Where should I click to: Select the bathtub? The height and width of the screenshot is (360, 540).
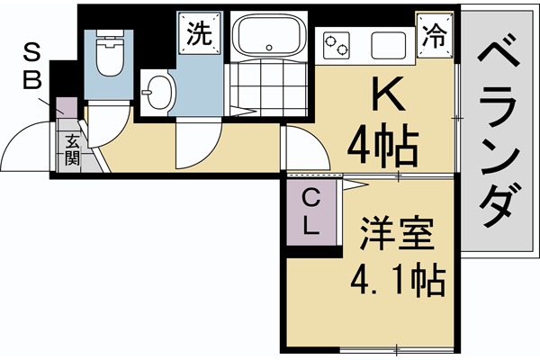point(269,37)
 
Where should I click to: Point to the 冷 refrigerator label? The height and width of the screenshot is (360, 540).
point(436,36)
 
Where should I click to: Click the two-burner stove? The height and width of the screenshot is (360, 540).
point(337,41)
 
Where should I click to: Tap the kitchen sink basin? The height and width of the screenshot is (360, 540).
point(389,42)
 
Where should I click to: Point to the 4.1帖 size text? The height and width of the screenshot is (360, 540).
point(397,283)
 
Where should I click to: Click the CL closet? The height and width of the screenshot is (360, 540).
point(310,212)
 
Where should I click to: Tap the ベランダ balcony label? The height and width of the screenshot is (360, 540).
point(498,135)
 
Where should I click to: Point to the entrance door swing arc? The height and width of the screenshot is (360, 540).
point(27,144)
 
